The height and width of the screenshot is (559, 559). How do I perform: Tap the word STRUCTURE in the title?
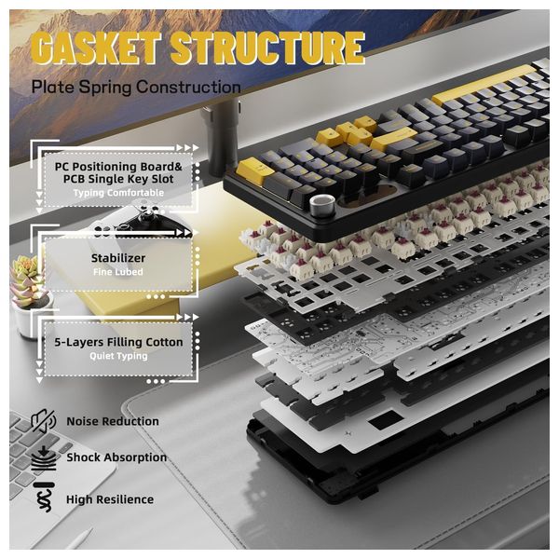point(268,48)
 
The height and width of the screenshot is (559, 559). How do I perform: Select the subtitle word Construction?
point(188,87)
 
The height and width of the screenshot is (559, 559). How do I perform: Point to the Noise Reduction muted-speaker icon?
point(44,421)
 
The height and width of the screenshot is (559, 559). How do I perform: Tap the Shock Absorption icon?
point(44,458)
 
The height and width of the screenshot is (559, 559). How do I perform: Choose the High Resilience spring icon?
point(44,498)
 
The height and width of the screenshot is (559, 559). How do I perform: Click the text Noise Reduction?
point(113,421)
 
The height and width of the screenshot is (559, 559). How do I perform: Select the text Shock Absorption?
point(116,457)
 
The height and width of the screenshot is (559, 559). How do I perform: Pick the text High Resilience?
point(110,499)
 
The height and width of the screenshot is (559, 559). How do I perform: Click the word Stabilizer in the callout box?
point(118,258)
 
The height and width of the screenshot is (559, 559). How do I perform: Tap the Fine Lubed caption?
point(118,272)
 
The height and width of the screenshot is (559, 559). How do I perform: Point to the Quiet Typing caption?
point(118,356)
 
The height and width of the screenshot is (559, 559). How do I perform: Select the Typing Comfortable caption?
point(118,193)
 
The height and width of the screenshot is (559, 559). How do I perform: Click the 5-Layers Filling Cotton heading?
point(118,342)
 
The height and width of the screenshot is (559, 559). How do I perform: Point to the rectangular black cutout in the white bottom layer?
point(386,420)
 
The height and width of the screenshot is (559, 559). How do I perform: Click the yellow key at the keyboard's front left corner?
point(253,170)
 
